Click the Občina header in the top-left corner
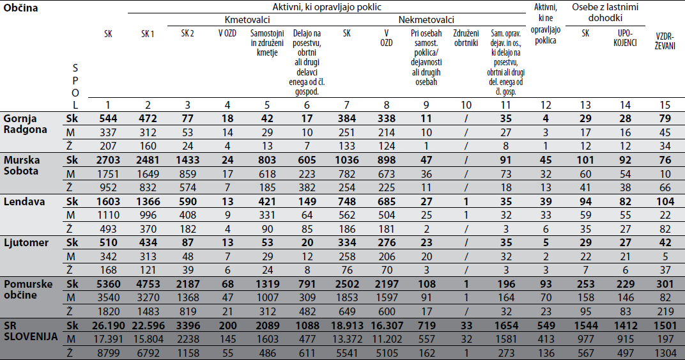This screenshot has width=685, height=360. pyautogui.click(x=20, y=8)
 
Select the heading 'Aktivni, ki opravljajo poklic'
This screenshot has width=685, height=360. pyautogui.click(x=327, y=7)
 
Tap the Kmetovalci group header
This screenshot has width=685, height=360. pyautogui.click(x=247, y=20)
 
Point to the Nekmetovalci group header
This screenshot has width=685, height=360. pyautogui.click(x=426, y=20)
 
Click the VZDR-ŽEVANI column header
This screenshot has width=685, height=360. pyautogui.click(x=665, y=41)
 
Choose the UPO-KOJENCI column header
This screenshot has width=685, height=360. pyautogui.click(x=625, y=38)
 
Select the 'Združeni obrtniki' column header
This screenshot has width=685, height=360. pyautogui.click(x=466, y=38)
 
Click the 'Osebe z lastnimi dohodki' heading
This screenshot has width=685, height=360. pyautogui.click(x=605, y=12)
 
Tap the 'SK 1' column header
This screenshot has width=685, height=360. pyautogui.click(x=148, y=34)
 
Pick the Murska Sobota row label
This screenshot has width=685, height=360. pyautogui.click(x=22, y=166)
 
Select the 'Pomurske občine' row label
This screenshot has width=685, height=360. pyautogui.click(x=28, y=289)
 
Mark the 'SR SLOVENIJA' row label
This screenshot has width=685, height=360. pyautogui.click(x=31, y=331)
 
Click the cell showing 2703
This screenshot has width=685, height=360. pyautogui.click(x=108, y=160)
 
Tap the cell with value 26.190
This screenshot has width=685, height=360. pyautogui.click(x=108, y=325)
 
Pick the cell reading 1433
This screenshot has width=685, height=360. pyautogui.click(x=187, y=160)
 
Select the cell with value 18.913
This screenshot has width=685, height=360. pyautogui.click(x=346, y=325)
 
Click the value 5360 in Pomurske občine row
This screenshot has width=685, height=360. pyautogui.click(x=108, y=284)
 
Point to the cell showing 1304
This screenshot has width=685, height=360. pyautogui.click(x=665, y=353)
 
